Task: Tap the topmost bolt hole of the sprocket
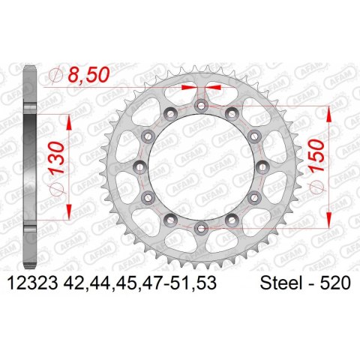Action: pos(201,106)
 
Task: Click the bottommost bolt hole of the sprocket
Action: pos(201,227)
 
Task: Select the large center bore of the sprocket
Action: pos(201,166)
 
